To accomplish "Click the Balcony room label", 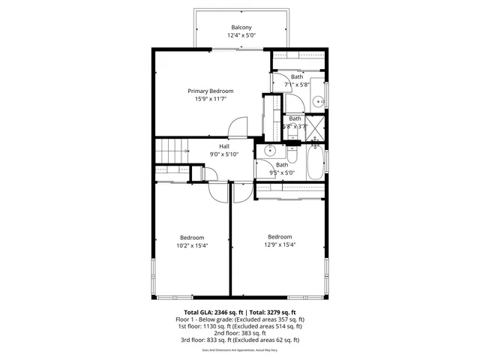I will click(x=241, y=27).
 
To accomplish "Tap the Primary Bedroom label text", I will click(x=210, y=91).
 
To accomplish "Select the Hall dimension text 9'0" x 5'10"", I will click(x=224, y=154).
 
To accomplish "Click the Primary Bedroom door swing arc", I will click(x=238, y=125).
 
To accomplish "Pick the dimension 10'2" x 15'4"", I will click(x=191, y=245).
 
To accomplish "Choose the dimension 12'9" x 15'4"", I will click(x=280, y=244).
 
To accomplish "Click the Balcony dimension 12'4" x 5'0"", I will click(x=241, y=35).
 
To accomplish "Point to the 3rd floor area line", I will click(x=241, y=340).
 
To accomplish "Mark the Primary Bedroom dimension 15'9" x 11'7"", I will click(x=210, y=99).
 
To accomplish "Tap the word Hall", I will click(x=224, y=146).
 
